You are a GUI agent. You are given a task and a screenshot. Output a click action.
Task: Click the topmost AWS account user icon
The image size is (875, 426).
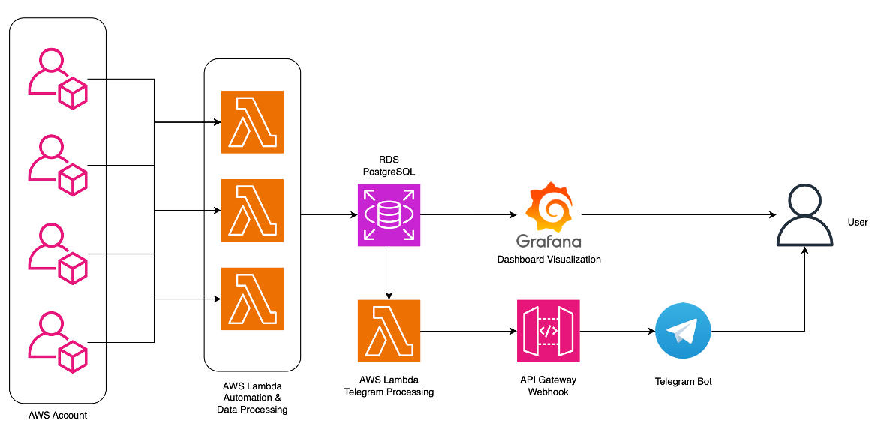pyautogui.click(x=58, y=79)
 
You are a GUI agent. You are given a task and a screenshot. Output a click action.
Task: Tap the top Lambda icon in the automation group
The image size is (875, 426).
pyautogui.click(x=252, y=121)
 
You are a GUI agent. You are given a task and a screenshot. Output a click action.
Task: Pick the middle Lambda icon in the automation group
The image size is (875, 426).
pyautogui.click(x=252, y=210)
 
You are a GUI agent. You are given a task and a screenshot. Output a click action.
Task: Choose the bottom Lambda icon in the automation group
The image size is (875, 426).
pyautogui.click(x=252, y=298)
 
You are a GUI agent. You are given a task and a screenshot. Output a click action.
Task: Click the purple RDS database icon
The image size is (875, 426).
pyautogui.click(x=389, y=215)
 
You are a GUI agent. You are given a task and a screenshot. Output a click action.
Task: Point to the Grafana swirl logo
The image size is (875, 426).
pyautogui.click(x=549, y=207)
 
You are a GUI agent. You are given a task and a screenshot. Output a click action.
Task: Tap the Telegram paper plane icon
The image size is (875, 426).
pyautogui.click(x=683, y=331)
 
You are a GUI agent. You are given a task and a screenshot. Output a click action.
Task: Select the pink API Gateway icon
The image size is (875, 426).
pyautogui.click(x=549, y=331)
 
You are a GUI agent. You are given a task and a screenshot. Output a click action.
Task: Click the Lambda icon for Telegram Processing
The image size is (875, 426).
pyautogui.click(x=389, y=331)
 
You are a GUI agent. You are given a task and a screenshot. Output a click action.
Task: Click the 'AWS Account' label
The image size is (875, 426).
pyautogui.click(x=58, y=415)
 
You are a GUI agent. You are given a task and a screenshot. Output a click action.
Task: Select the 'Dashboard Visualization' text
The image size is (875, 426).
pyautogui.click(x=549, y=259)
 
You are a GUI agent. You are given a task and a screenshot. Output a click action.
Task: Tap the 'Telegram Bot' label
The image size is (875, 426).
pyautogui.click(x=683, y=381)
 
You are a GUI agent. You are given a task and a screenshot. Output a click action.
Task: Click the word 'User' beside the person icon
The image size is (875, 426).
pyautogui.click(x=857, y=222)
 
